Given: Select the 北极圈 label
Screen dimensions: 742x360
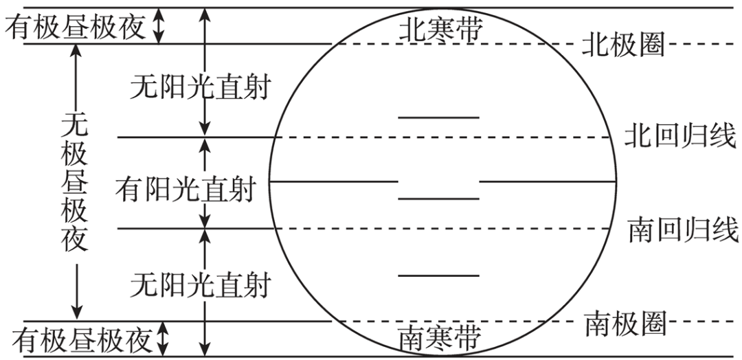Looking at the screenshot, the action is point(623,45).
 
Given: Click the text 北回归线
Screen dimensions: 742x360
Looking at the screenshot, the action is point(679,136).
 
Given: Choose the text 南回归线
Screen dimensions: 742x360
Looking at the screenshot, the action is point(682,229).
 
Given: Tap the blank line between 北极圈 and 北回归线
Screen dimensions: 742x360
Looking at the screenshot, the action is point(438,117).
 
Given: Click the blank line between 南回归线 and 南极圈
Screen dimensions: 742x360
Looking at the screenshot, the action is point(438,275).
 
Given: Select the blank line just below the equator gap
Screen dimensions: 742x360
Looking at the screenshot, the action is point(438,199).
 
